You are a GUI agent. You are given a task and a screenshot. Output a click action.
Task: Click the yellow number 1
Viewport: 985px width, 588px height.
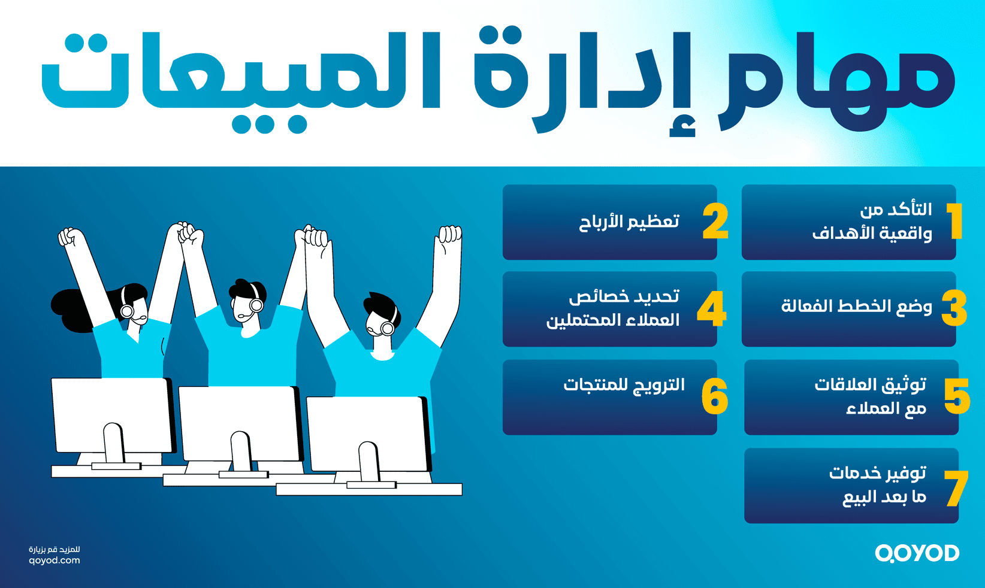click(955, 221)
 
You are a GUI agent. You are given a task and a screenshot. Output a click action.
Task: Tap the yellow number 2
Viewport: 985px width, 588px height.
click(715, 222)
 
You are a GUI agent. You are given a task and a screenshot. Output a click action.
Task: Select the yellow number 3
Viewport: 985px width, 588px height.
click(954, 308)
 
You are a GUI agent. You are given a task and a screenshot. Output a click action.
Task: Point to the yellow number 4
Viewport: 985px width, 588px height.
click(712, 309)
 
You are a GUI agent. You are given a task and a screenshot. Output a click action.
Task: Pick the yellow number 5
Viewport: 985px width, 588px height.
click(957, 396)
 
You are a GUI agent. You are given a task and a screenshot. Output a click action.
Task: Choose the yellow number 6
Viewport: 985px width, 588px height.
click(715, 396)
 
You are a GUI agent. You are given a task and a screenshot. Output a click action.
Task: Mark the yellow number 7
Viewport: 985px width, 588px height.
click(956, 488)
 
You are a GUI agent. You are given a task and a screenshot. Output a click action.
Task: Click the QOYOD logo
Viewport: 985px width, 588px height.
click(917, 553)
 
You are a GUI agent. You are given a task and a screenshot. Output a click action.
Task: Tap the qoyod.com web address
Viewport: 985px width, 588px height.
click(54, 560)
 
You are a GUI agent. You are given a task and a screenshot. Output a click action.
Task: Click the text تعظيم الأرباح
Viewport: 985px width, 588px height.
click(629, 222)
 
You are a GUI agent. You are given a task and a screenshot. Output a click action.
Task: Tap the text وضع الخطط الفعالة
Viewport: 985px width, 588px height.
click(857, 307)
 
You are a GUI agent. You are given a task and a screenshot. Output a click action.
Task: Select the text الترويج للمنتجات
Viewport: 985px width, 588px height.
click(624, 384)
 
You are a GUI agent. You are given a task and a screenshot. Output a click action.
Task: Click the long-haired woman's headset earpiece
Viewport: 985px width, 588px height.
click(127, 311)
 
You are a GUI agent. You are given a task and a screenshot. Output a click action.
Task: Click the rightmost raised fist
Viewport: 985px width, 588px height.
click(450, 235)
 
